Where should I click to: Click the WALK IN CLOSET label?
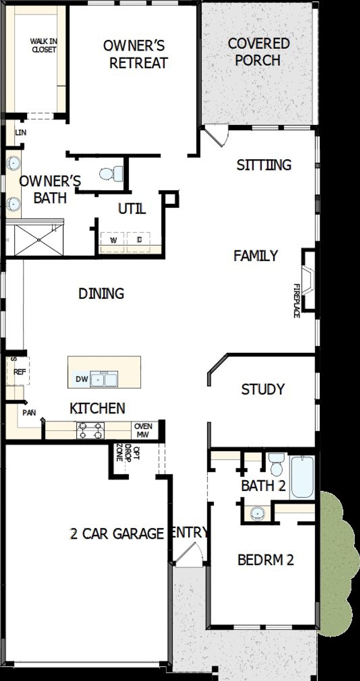pos(44,45)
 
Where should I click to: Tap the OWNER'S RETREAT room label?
pos(135,54)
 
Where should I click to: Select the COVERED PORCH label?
pos(258,52)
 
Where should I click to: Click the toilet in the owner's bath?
pos(111,174)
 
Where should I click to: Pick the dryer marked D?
pos(139,240)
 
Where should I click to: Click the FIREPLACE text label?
pos(296,301)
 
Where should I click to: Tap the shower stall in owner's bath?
pos(39,240)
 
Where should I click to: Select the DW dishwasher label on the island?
pos(82,379)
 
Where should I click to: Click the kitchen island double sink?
pos(104,379)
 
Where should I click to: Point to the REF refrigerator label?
pos(20,372)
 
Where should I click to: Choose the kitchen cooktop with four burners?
pos(90,431)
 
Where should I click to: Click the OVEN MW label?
pos(143,430)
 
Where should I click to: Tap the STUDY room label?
pos(263,389)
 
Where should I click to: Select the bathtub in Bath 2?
pos(302,477)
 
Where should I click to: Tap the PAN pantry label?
pos(29,413)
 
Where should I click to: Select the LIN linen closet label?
pos(21,132)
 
